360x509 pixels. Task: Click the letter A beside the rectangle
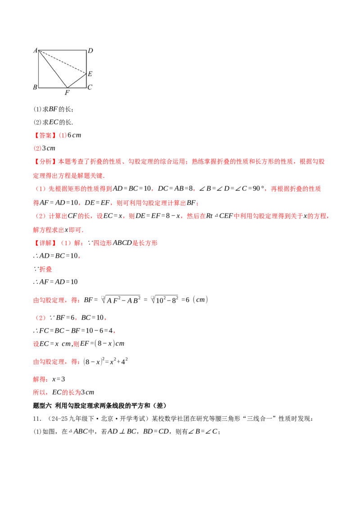pos(35,50)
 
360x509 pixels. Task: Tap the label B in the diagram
pos(35,87)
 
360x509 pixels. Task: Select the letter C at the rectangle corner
pos(90,87)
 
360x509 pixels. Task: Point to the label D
pos(90,50)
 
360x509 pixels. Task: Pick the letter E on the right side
pos(90,74)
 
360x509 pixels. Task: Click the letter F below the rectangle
pos(67,93)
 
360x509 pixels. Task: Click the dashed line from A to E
pos(62,61)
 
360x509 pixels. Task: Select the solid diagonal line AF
pos(53,68)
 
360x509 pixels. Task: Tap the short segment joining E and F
pos(76,80)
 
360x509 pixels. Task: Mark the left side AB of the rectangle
pos(39,68)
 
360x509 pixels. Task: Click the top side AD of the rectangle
pos(62,50)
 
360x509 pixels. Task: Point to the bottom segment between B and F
pos(53,87)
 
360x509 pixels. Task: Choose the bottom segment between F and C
pos(76,87)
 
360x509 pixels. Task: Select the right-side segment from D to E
pos(86,61)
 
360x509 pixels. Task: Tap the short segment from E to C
pos(86,80)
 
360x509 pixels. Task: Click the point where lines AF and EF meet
pos(67,87)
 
